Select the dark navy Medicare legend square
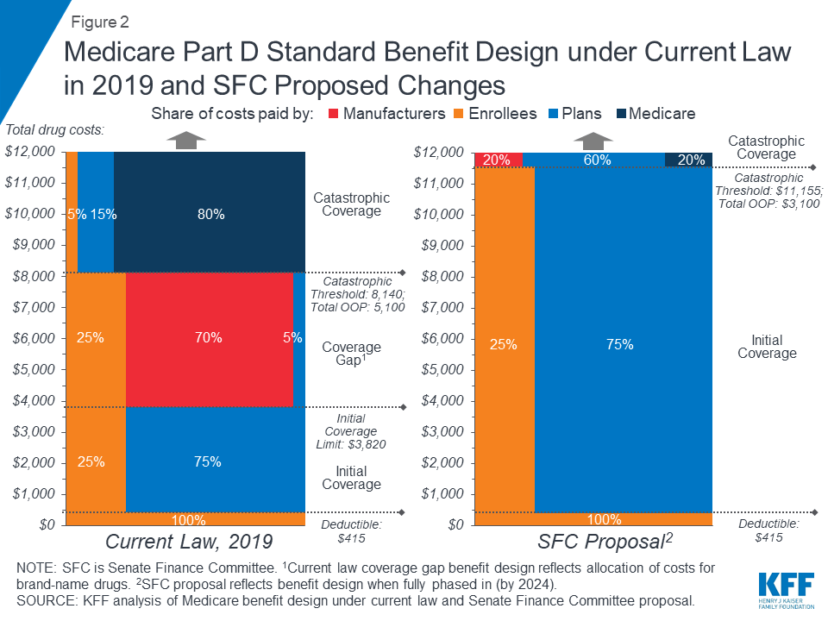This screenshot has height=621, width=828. coord(620,114)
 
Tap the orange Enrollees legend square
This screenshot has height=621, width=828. coord(461,114)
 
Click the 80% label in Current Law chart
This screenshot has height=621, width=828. coord(210,214)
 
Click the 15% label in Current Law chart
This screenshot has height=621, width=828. coord(103,214)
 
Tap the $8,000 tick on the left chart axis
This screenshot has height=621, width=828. coord(33,276)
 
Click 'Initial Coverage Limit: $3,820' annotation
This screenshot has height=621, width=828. coord(351,431)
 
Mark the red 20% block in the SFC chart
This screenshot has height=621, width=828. coord(498,160)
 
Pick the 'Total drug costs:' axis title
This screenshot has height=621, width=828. coord(54,130)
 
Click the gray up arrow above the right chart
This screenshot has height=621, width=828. coord(595,139)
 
